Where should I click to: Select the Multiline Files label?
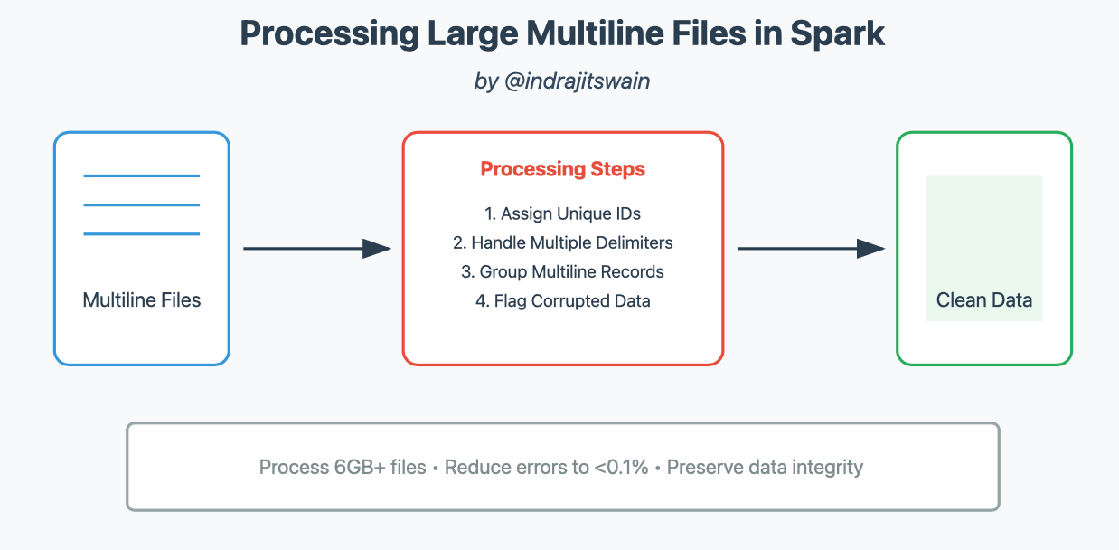[142, 300]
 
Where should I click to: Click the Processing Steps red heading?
[562, 169]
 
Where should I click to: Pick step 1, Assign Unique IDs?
[562, 214]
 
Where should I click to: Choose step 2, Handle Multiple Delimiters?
[562, 243]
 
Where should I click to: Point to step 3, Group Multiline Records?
[562, 272]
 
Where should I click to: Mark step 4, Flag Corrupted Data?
[562, 301]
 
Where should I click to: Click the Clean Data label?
[984, 300]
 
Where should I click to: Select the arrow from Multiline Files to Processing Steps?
[316, 249]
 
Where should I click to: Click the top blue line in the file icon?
[142, 175]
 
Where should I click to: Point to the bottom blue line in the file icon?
[142, 234]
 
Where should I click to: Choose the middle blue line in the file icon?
[142, 204]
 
